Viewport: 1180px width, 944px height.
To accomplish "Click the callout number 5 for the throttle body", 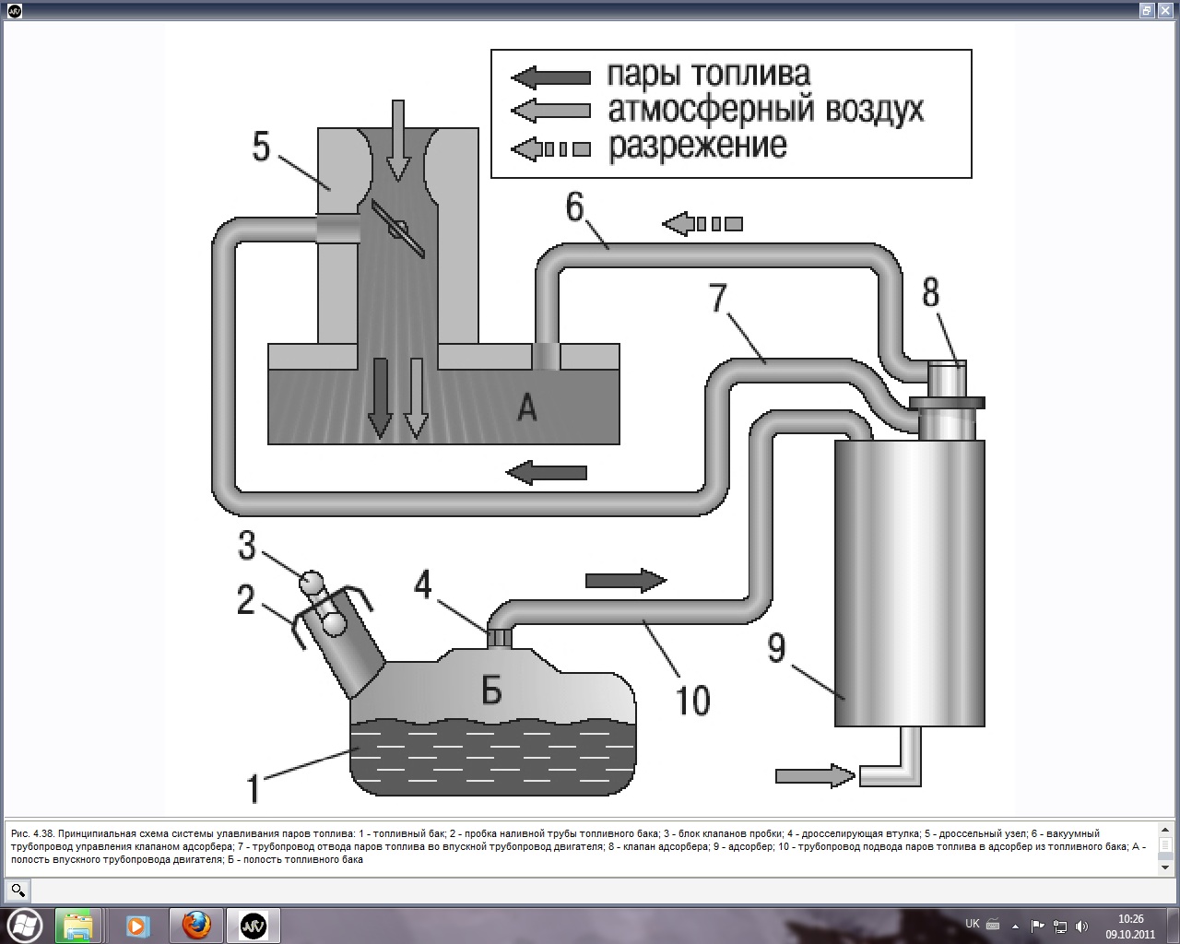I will pos(261,147).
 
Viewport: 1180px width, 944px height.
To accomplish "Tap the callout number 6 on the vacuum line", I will pos(575,207).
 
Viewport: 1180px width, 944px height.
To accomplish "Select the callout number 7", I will pos(718,299).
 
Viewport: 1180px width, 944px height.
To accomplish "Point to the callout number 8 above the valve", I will pos(931,293).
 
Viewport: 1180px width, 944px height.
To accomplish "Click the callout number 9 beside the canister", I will pos(777,647).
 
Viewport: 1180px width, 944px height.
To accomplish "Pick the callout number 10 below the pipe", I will pos(693,701).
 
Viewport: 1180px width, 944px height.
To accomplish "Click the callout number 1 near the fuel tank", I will pos(253,789).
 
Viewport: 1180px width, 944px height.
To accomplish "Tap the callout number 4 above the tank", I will pos(423,584).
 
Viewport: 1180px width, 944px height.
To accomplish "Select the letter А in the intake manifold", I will pos(526,407).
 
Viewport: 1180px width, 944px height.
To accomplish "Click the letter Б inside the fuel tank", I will pos(491,689).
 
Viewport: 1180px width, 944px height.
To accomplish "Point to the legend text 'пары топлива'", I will pos(708,74).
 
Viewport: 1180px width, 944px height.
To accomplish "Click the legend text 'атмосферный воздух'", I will pos(765,110).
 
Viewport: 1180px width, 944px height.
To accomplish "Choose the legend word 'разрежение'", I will pos(697,146).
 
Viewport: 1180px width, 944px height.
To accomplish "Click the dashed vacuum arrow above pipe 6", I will pos(702,223).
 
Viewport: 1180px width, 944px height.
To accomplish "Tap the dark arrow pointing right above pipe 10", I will pos(626,580).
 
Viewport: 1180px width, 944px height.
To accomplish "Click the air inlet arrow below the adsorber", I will pos(816,775).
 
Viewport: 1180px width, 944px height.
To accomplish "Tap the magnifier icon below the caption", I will pos(18,891).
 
